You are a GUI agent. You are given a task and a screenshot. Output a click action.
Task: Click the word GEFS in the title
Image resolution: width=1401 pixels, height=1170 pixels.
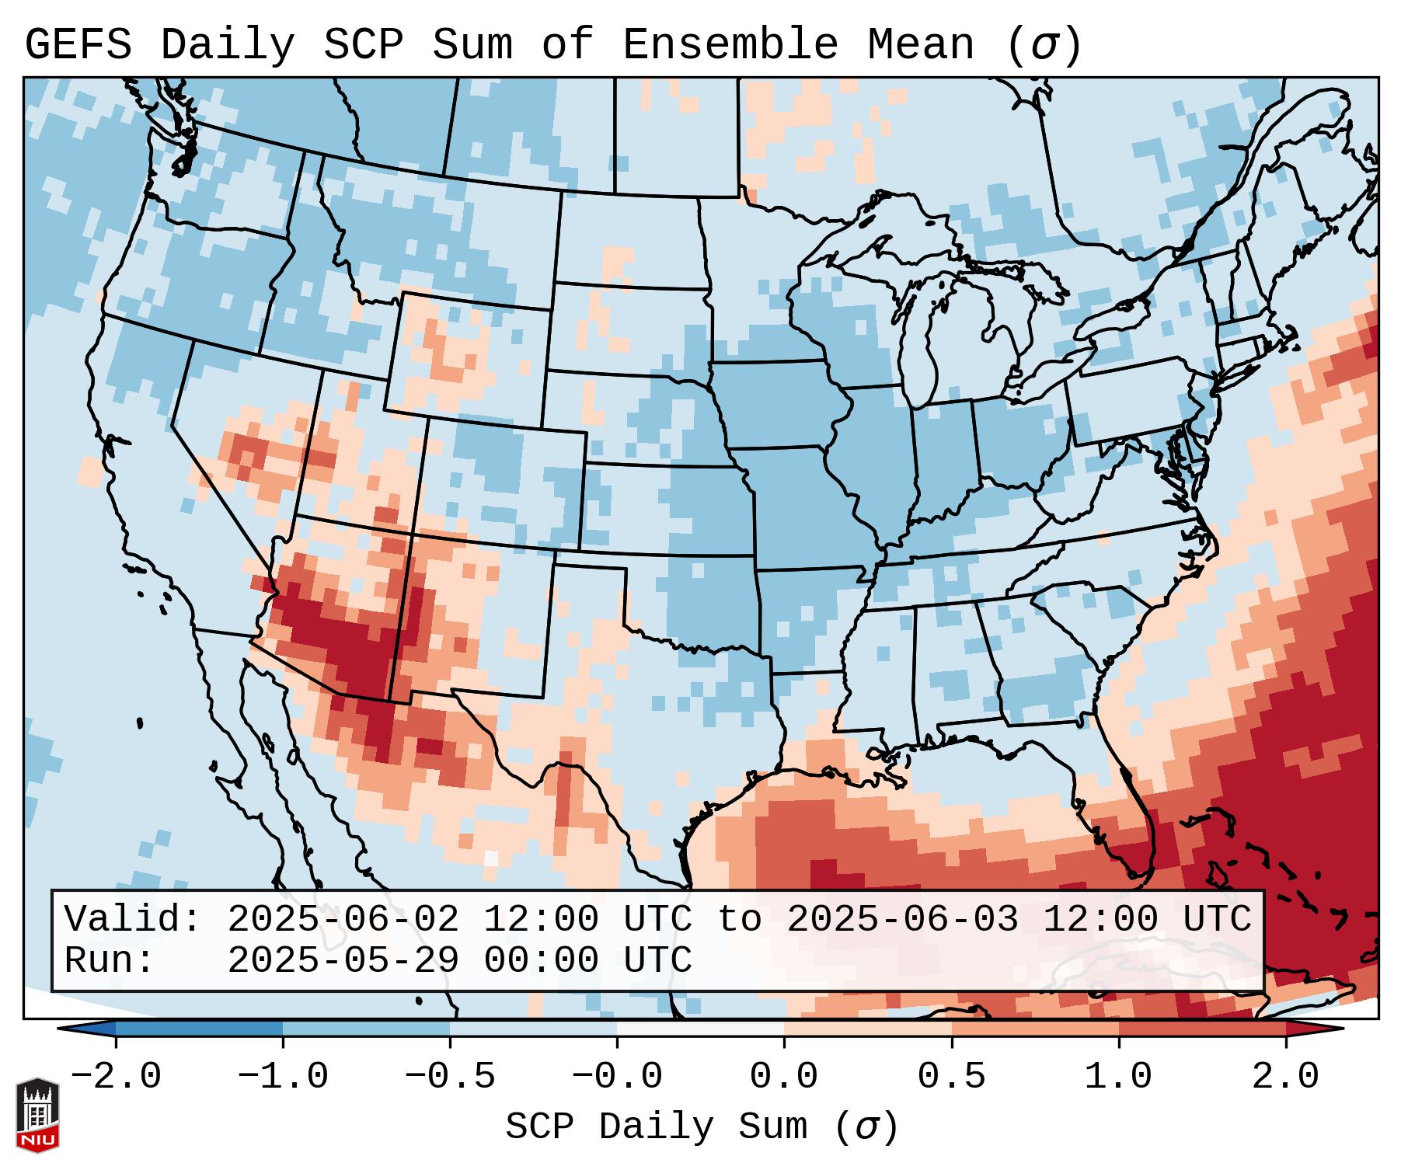pos(78,44)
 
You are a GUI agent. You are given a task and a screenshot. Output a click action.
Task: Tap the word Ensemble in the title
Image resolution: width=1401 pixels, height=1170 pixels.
pos(730,44)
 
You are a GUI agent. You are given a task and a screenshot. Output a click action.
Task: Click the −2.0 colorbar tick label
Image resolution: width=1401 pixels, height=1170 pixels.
pos(116,1077)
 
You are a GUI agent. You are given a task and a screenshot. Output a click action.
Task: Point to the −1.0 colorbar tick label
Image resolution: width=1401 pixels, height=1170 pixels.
pos(283,1077)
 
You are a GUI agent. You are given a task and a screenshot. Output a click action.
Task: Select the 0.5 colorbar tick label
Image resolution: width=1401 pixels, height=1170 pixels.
pos(951,1077)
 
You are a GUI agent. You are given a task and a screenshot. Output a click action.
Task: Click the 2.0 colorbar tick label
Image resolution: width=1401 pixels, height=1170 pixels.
pos(1286,1077)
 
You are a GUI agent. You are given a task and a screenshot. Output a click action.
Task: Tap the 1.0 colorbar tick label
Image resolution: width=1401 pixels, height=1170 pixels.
pos(1119,1077)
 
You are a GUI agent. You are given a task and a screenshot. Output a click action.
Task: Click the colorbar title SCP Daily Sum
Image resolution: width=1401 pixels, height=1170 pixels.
pos(657,1126)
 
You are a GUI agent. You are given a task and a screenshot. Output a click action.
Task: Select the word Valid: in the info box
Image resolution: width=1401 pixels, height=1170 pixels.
pos(133,920)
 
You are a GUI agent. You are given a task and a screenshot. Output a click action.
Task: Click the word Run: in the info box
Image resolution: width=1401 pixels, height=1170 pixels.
pos(110,961)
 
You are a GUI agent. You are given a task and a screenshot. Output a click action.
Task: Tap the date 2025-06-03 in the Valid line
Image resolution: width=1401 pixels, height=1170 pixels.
pos(902,920)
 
